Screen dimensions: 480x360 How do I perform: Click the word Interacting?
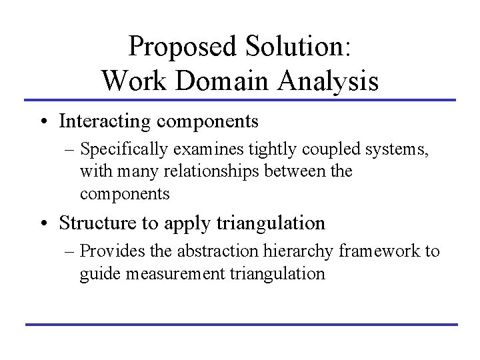pyautogui.click(x=103, y=121)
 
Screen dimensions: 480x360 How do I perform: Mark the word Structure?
pyautogui.click(x=94, y=222)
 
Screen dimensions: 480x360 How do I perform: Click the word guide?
pyautogui.click(x=96, y=273)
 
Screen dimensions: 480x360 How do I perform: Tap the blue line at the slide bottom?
pyautogui.click(x=240, y=325)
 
